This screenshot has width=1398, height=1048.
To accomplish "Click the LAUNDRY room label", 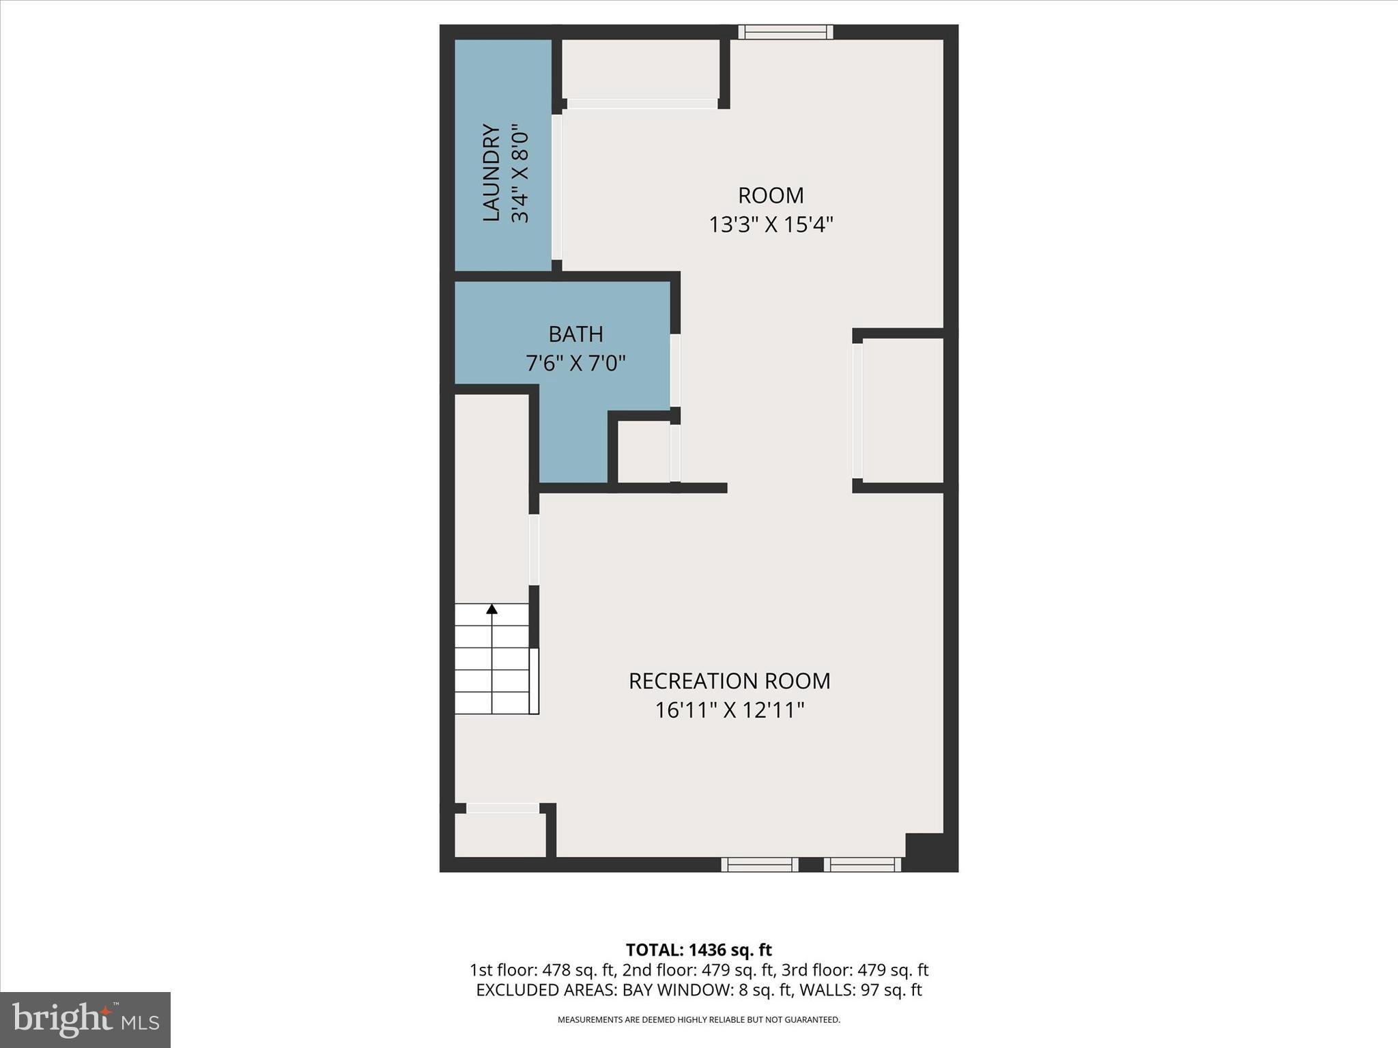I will click(491, 173).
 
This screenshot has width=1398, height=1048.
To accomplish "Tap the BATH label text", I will click(575, 334).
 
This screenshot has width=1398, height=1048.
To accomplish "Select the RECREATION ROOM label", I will click(729, 681).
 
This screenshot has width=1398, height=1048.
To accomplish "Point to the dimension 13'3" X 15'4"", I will click(771, 224).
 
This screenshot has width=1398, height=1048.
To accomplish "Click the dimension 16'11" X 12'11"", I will click(729, 710).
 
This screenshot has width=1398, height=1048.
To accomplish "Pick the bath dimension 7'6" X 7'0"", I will click(575, 363).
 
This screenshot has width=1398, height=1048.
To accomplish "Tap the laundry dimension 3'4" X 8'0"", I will click(520, 173).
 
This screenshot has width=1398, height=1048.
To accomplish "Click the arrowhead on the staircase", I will click(491, 609).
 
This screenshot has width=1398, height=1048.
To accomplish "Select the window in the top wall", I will click(786, 32).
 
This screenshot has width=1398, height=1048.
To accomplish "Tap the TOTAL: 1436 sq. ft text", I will click(698, 950).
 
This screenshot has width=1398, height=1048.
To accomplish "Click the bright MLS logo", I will click(85, 1019).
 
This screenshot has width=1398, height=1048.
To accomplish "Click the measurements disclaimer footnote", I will click(698, 1019).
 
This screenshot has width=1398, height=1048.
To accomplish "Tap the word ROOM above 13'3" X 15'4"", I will click(771, 196).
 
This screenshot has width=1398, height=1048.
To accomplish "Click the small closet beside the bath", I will click(643, 452).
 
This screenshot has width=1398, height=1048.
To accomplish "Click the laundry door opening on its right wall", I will click(557, 187).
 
